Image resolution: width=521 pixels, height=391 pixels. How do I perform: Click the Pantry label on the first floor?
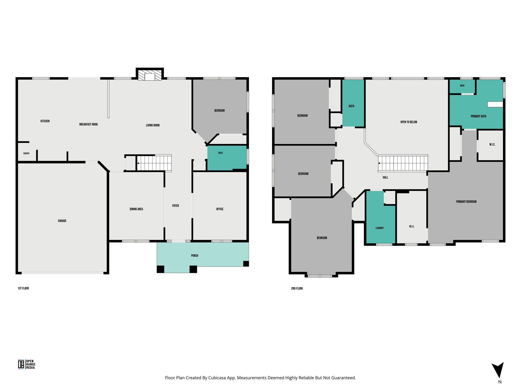26,153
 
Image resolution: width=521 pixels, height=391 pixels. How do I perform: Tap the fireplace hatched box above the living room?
150,75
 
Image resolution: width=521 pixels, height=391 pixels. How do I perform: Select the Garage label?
62,221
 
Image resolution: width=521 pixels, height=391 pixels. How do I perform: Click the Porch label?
195,256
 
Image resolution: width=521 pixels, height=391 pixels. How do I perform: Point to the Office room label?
220,209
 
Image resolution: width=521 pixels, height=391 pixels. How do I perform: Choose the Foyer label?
176,206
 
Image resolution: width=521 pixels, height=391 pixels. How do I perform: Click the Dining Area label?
136,209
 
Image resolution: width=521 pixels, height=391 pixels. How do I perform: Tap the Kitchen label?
45,121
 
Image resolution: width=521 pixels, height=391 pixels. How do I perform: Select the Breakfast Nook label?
89,124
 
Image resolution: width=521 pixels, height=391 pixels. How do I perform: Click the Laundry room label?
380,228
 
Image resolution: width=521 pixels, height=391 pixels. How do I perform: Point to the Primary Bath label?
479,116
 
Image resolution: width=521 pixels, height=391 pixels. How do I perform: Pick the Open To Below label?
409,122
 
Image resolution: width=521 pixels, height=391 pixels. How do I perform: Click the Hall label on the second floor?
385,177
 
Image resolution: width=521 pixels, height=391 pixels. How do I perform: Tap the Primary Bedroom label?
466,202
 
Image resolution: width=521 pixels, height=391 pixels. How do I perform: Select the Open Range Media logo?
27,364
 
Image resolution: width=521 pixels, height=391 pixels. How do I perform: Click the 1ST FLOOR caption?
23,288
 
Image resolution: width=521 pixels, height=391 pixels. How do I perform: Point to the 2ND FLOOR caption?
297,288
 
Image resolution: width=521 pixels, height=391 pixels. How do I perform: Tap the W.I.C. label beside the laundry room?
412,227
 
